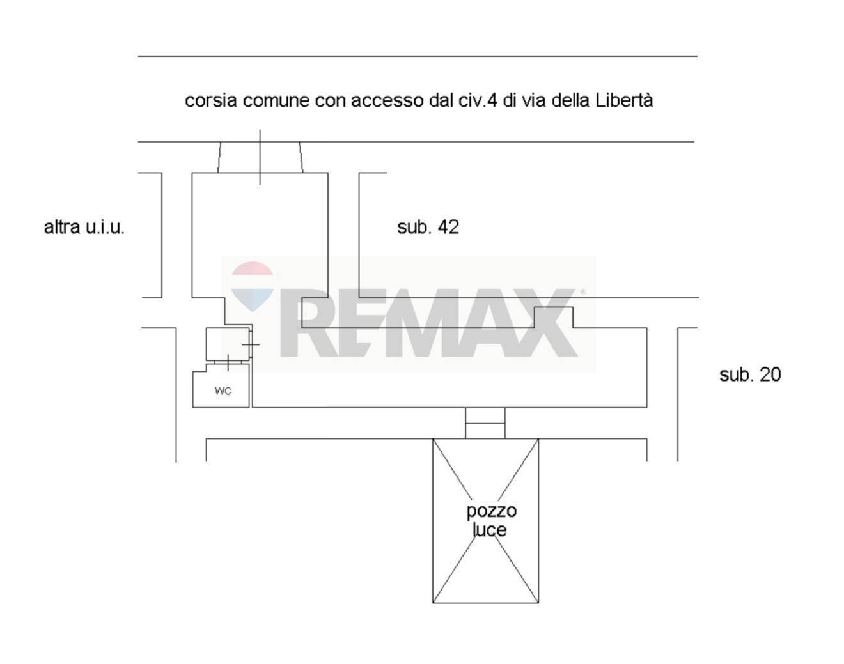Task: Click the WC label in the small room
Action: click(223, 390)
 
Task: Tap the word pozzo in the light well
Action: click(491, 511)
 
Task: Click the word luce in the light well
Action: click(489, 530)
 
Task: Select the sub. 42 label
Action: click(428, 227)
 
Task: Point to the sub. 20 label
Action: click(750, 374)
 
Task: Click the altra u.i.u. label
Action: click(84, 228)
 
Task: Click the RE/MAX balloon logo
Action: click(253, 286)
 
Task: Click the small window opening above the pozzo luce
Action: click(485, 423)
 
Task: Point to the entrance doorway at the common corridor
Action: click(260, 157)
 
